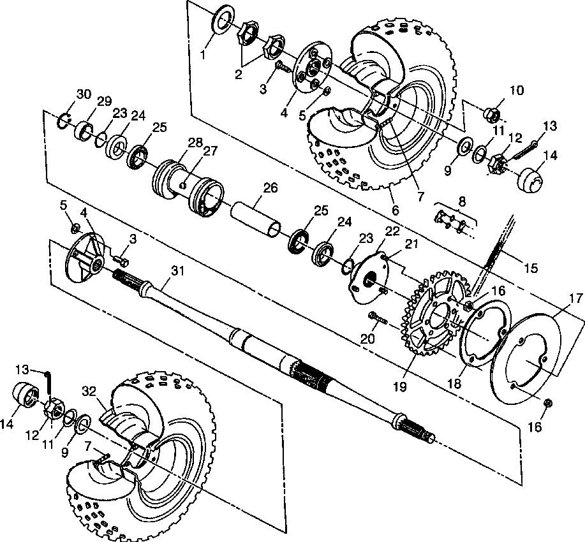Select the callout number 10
tap(516, 91)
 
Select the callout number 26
tap(271, 188)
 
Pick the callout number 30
tap(84, 94)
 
